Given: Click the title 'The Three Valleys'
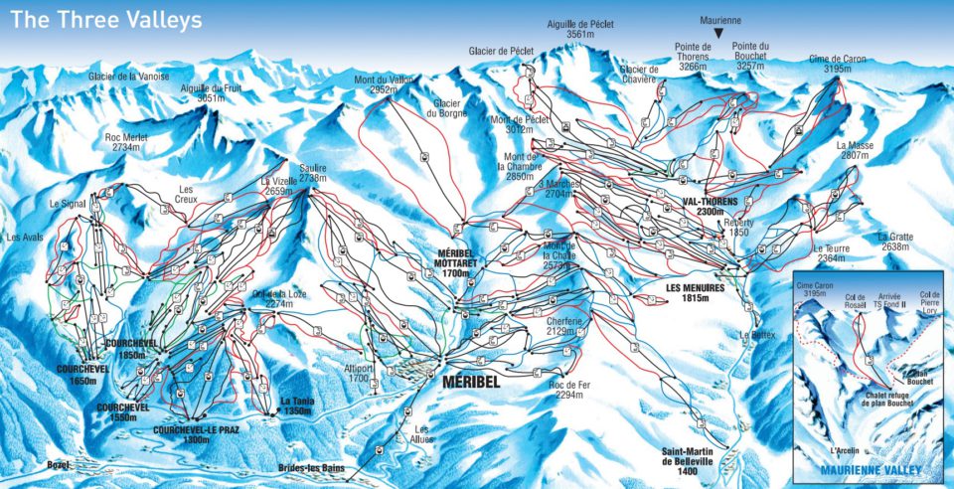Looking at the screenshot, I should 103,19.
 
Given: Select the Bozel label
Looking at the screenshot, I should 60,463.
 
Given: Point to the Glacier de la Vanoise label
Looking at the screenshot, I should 128,77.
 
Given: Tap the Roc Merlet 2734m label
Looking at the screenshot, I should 127,141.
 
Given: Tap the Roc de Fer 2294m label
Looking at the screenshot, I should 569,390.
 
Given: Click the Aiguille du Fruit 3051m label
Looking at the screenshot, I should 210,93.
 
